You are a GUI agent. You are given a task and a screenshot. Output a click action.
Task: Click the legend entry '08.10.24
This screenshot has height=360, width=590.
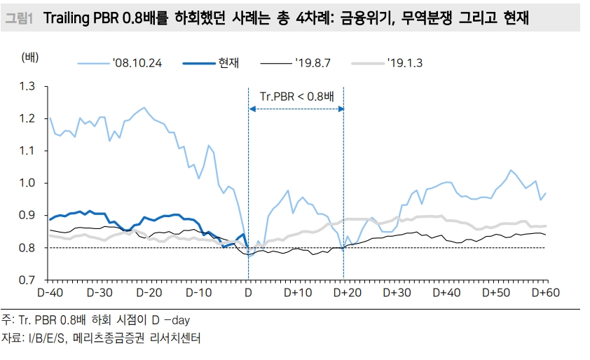(x=137, y=63)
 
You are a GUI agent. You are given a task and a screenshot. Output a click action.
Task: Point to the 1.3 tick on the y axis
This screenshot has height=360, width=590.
(x=28, y=86)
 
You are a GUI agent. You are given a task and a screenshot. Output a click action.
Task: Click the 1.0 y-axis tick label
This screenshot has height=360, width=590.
(x=28, y=183)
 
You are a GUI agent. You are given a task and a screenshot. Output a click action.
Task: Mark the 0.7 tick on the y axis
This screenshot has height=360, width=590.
(x=28, y=280)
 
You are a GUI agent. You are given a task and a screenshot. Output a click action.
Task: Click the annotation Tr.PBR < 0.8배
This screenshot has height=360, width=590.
(x=297, y=96)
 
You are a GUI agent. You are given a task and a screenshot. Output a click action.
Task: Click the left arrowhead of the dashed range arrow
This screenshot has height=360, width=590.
(x=252, y=108)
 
